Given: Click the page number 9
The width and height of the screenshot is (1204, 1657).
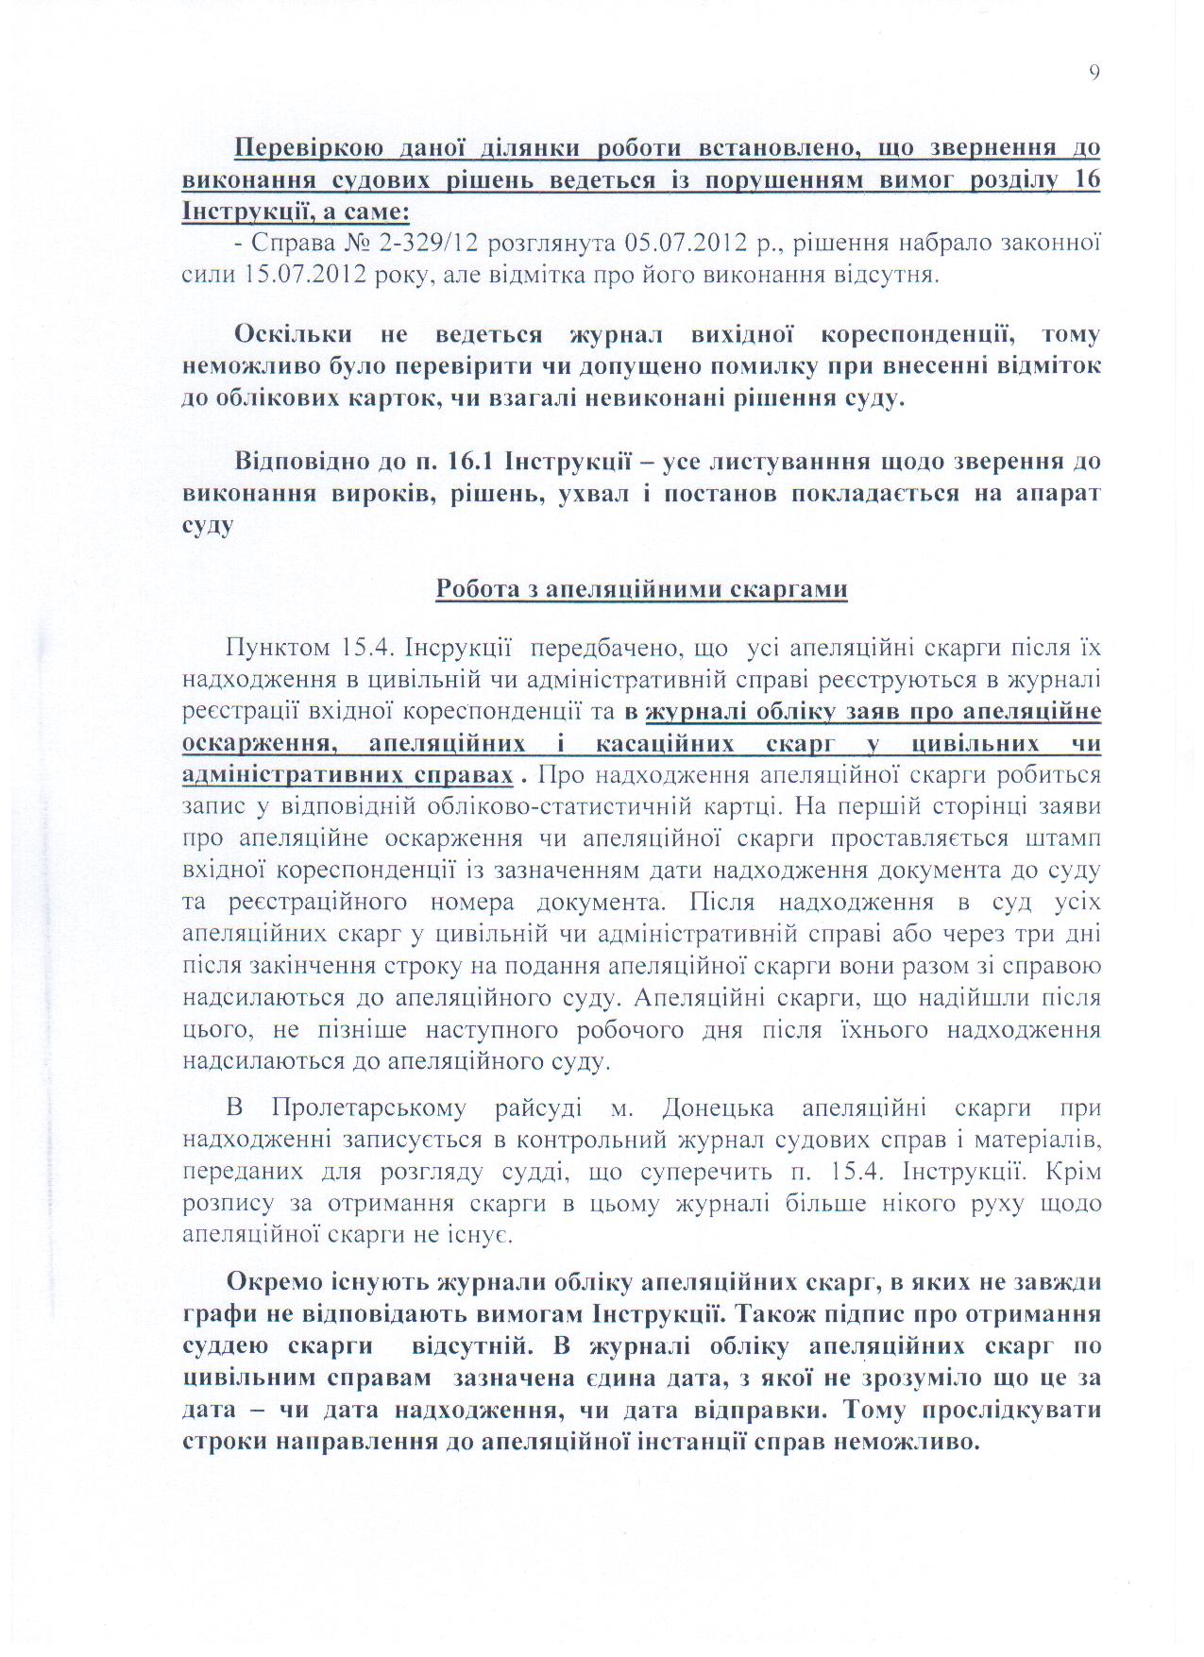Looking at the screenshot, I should click(1094, 74).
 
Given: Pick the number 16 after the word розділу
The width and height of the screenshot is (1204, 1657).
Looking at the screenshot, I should click(1087, 179).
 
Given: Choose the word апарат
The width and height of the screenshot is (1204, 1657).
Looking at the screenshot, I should click(1055, 493).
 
